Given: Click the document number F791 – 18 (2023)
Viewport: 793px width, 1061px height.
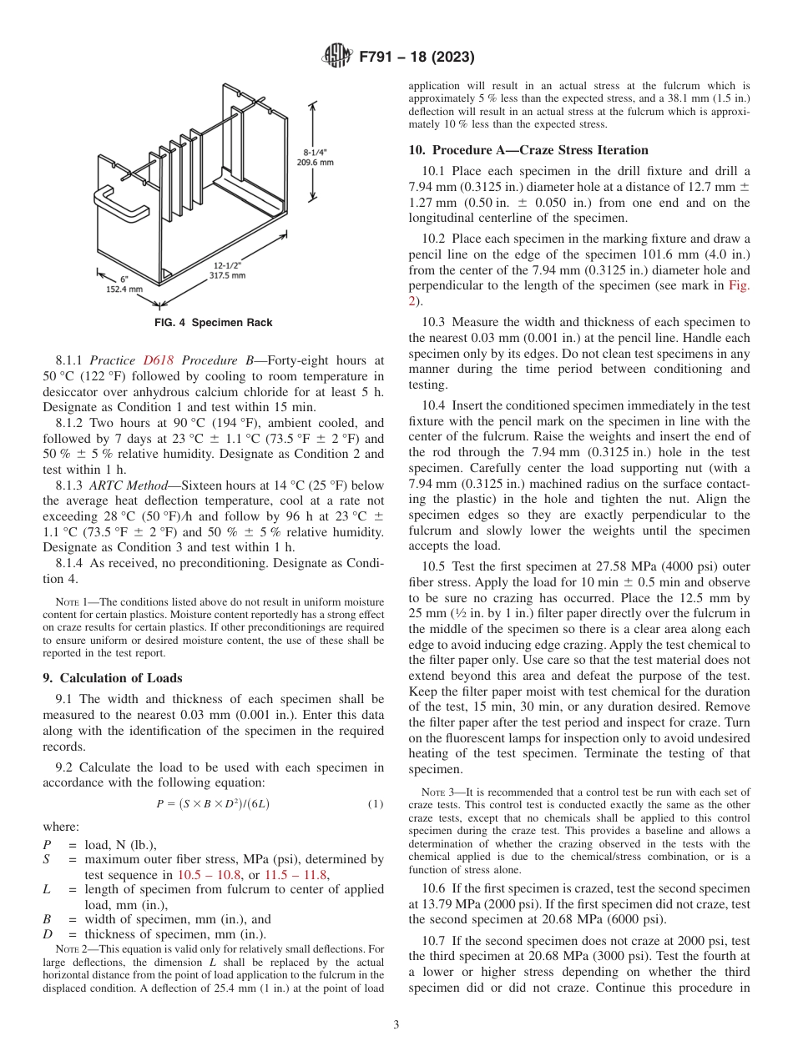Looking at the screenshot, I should (x=417, y=57).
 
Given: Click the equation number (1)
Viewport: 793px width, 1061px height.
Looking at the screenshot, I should (x=376, y=804).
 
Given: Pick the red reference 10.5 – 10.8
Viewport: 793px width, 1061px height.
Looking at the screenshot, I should (x=209, y=874).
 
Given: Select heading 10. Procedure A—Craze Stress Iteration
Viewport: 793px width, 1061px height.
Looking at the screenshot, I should (x=528, y=150).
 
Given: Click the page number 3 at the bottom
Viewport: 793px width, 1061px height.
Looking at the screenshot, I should (x=396, y=1024).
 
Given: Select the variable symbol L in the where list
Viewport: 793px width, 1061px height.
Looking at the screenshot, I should (x=47, y=889).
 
